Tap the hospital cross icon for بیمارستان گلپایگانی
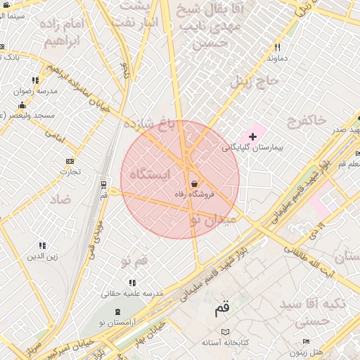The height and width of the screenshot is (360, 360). point(252,136)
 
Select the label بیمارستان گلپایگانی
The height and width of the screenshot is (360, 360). point(252,148)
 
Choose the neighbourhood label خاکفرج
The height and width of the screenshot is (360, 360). point(306,121)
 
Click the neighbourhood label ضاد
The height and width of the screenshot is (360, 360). point(60,199)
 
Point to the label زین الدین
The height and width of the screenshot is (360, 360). point(42,256)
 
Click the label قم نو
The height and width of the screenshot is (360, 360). point(134,262)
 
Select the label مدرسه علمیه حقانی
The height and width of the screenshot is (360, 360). point(133,292)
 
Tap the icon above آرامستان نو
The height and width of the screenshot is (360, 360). point(117,310)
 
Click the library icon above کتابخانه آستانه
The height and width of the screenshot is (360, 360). point(225,331)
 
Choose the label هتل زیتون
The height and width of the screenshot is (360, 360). point(307,352)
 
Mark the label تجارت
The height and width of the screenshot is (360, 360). point(70,171)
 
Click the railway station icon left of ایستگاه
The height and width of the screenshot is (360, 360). point(104,185)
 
